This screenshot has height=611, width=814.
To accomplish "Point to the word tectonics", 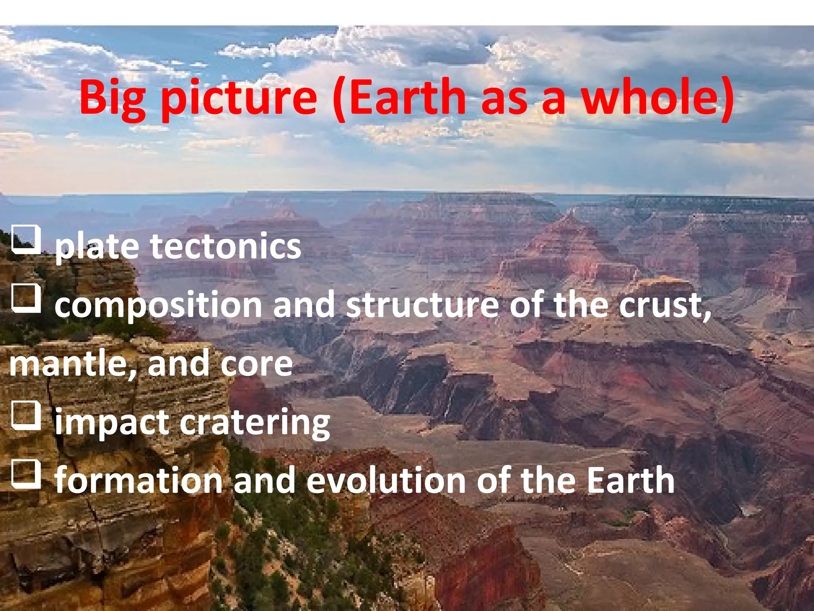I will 225,246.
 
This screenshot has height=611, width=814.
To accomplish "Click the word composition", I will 158,305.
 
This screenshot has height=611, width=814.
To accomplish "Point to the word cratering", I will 255,423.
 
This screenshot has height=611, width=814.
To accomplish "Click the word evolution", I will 386,480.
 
